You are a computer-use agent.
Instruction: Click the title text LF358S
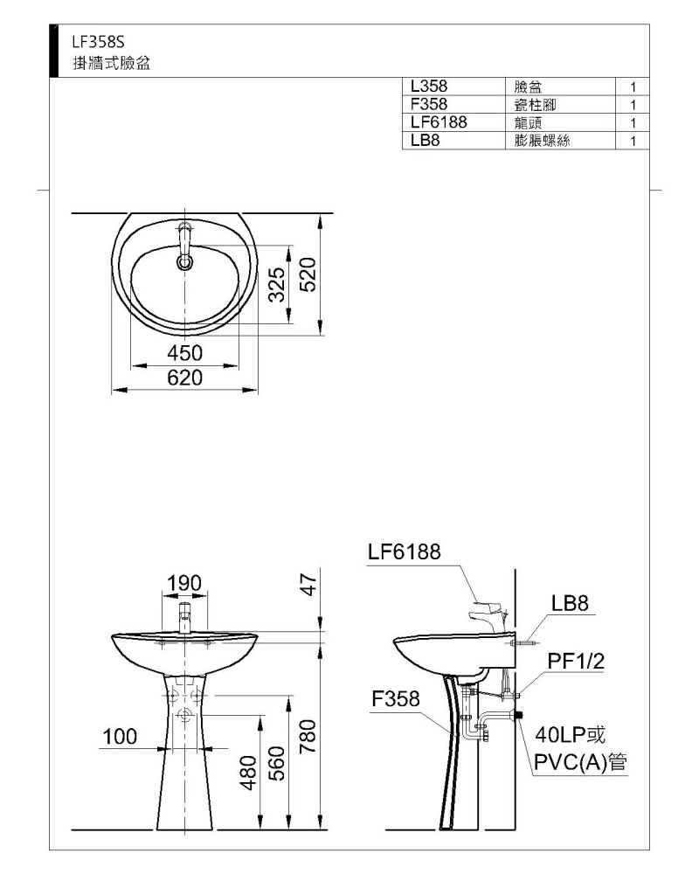98,42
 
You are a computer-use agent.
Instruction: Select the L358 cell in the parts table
429,87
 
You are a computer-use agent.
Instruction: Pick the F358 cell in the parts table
429,104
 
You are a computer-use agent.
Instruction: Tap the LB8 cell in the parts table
425,141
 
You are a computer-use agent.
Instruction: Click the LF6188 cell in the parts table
439,122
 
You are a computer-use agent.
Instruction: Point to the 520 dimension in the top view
308,274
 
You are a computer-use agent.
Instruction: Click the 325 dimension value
278,284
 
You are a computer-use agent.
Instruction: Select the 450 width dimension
184,353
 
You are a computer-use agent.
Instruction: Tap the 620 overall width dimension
184,378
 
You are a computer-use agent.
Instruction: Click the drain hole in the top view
184,261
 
